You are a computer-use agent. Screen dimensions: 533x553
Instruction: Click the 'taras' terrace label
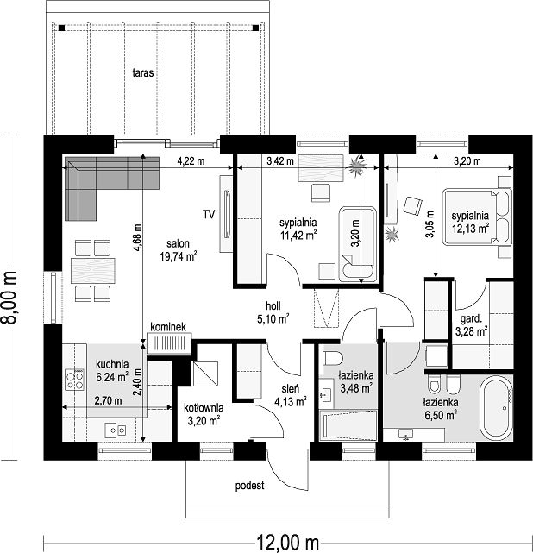[143, 72]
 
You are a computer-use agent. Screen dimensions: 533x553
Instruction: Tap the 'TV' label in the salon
[209, 214]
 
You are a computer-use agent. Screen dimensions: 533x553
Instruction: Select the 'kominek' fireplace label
[168, 327]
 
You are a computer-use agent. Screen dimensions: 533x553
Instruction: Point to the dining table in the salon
[93, 271]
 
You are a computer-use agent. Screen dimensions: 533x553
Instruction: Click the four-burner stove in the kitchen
[75, 380]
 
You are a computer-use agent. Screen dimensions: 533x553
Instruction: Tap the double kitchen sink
[116, 430]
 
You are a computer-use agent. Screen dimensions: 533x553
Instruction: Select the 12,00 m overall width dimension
[287, 542]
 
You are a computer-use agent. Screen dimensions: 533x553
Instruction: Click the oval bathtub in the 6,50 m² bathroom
[497, 408]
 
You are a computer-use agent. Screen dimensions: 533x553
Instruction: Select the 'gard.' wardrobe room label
[471, 319]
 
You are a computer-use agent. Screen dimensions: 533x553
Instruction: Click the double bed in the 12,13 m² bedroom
[477, 217]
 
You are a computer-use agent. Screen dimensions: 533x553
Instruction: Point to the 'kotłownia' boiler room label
[204, 408]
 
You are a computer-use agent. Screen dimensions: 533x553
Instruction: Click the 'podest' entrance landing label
[249, 486]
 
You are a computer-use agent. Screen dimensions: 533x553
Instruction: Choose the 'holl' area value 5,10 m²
[273, 319]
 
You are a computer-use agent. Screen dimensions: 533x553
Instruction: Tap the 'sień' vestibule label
[291, 388]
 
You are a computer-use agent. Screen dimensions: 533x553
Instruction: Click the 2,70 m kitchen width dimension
[108, 400]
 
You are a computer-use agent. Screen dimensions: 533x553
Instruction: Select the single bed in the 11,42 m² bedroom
[358, 244]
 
